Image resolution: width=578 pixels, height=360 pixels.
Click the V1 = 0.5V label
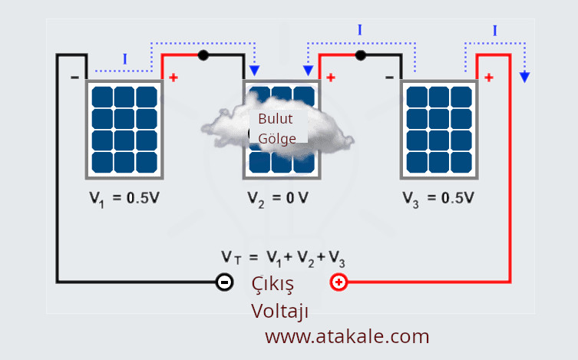pos(124,197)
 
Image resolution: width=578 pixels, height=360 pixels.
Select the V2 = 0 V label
pos(278,197)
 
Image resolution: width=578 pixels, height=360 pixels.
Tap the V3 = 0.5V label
pos(438,197)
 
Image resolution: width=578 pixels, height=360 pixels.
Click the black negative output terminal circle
pos(224,282)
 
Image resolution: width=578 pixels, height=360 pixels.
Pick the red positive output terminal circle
pos(339,282)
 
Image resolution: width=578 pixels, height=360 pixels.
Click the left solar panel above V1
pos(124,128)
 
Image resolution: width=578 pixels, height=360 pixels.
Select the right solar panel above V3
pos(438,128)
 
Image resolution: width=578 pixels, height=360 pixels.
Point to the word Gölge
pos(276,139)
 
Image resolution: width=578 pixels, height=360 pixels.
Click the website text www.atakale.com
pos(347,336)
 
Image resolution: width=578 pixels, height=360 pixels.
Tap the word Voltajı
pos(279,311)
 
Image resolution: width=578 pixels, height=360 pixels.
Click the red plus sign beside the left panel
pos(173,78)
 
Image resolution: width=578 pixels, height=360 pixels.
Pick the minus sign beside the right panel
pos(389,78)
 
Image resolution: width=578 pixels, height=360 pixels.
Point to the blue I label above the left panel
pos(124,59)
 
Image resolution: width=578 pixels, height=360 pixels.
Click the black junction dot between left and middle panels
pos(203,55)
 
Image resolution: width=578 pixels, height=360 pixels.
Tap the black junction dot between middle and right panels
pos(361,55)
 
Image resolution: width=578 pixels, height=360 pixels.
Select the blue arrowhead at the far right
pos(525,76)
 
